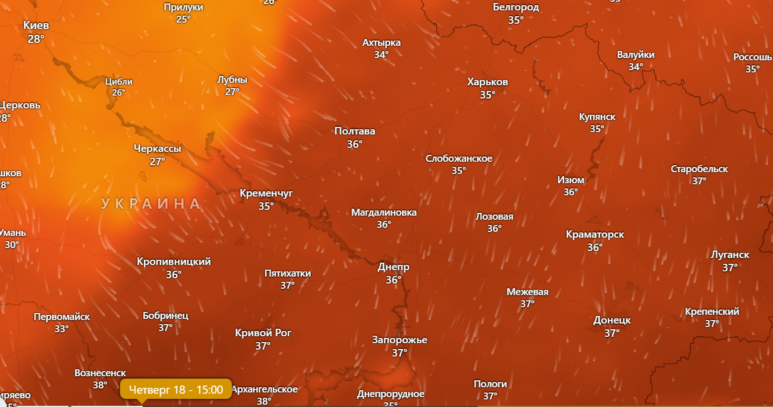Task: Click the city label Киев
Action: (x=36, y=26)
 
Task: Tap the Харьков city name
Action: (x=488, y=82)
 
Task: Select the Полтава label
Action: (x=355, y=132)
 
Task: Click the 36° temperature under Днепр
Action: (x=394, y=280)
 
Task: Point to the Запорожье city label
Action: (x=400, y=340)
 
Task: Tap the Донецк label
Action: (x=612, y=321)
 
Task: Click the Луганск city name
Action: (x=730, y=255)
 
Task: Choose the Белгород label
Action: (x=516, y=8)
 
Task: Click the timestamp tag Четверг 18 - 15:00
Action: (x=176, y=390)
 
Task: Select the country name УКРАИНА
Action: (x=151, y=203)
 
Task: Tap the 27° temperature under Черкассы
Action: (x=158, y=162)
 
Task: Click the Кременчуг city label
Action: (x=266, y=194)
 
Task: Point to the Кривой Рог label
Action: (x=263, y=333)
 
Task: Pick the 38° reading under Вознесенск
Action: (x=100, y=385)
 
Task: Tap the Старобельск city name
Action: (x=699, y=169)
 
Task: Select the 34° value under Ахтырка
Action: (x=382, y=55)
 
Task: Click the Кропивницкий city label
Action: (x=174, y=262)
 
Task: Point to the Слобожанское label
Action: (x=459, y=159)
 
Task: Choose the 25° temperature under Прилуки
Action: (x=184, y=19)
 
